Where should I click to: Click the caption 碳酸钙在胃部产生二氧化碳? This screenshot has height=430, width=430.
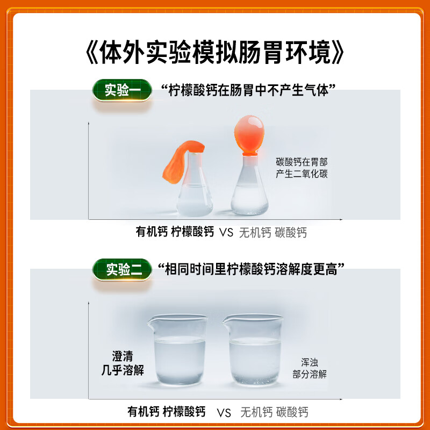302,168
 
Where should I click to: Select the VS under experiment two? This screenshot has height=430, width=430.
224,413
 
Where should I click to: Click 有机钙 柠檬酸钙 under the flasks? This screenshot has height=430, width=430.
175,233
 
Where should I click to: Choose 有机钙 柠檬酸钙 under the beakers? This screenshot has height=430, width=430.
167,412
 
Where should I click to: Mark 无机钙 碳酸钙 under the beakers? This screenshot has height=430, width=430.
274,412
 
